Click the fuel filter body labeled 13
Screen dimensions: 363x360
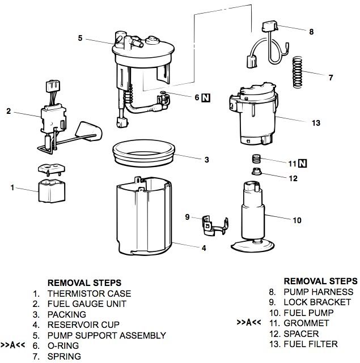pyautogui.click(x=253, y=116)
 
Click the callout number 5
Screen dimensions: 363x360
pyautogui.click(x=81, y=38)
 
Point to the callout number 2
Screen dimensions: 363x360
pyautogui.click(x=9, y=111)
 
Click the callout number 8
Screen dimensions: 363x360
pyautogui.click(x=311, y=32)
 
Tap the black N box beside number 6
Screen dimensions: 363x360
pyautogui.click(x=206, y=97)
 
